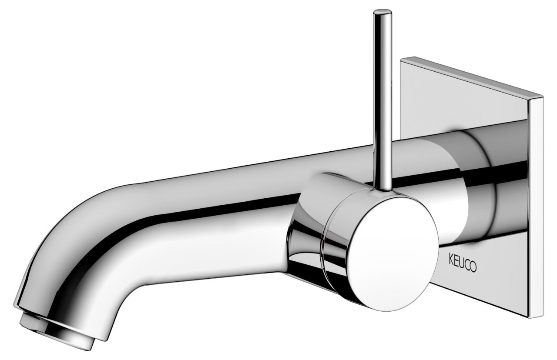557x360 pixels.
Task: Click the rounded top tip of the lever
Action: tap(383, 12)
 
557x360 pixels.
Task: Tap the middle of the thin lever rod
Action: tap(382, 100)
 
